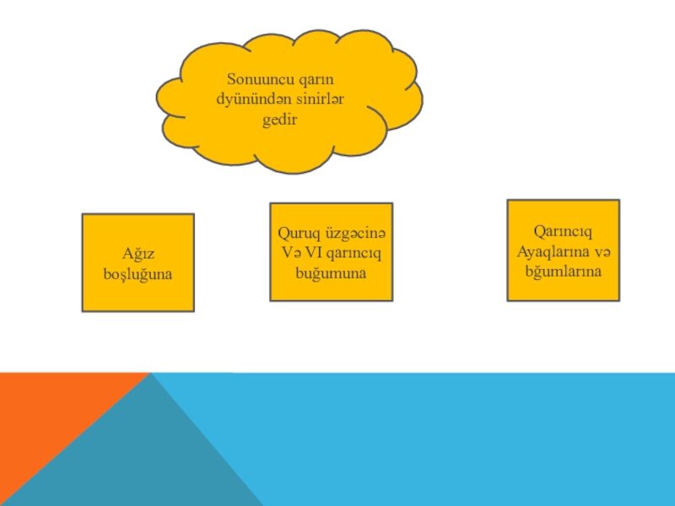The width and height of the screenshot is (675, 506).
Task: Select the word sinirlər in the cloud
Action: tap(318, 100)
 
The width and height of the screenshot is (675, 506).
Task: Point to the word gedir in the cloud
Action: tap(280, 120)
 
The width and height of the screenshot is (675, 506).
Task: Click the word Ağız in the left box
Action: tap(138, 253)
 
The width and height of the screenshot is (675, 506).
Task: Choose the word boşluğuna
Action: tap(138, 273)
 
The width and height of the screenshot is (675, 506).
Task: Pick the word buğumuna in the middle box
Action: tap(331, 272)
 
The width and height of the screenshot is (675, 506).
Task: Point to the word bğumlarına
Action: tap(563, 271)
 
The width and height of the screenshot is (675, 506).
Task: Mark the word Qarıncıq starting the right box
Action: tap(563, 230)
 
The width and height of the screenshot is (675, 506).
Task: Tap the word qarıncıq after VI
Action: tap(354, 251)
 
